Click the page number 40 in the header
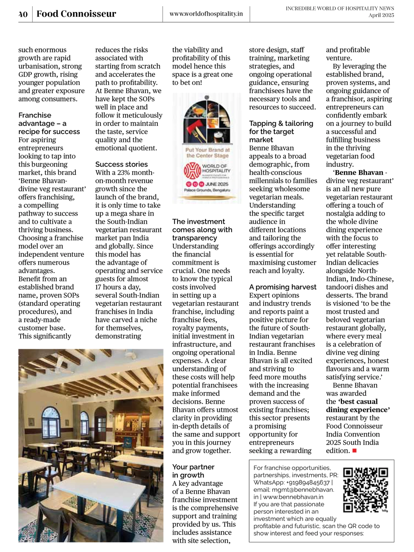click(x=23, y=14)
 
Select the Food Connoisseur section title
click(x=76, y=14)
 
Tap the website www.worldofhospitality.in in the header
click(x=206, y=14)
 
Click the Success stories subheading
click(x=121, y=164)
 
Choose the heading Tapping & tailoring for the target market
click(x=281, y=131)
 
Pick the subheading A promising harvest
click(x=283, y=287)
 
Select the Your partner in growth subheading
click(x=193, y=471)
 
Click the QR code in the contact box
click(x=366, y=490)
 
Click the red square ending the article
click(x=354, y=451)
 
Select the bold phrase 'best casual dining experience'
click(x=358, y=406)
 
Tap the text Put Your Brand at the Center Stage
click(x=207, y=152)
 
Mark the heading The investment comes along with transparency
click(x=202, y=230)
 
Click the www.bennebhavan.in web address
click(x=293, y=497)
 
